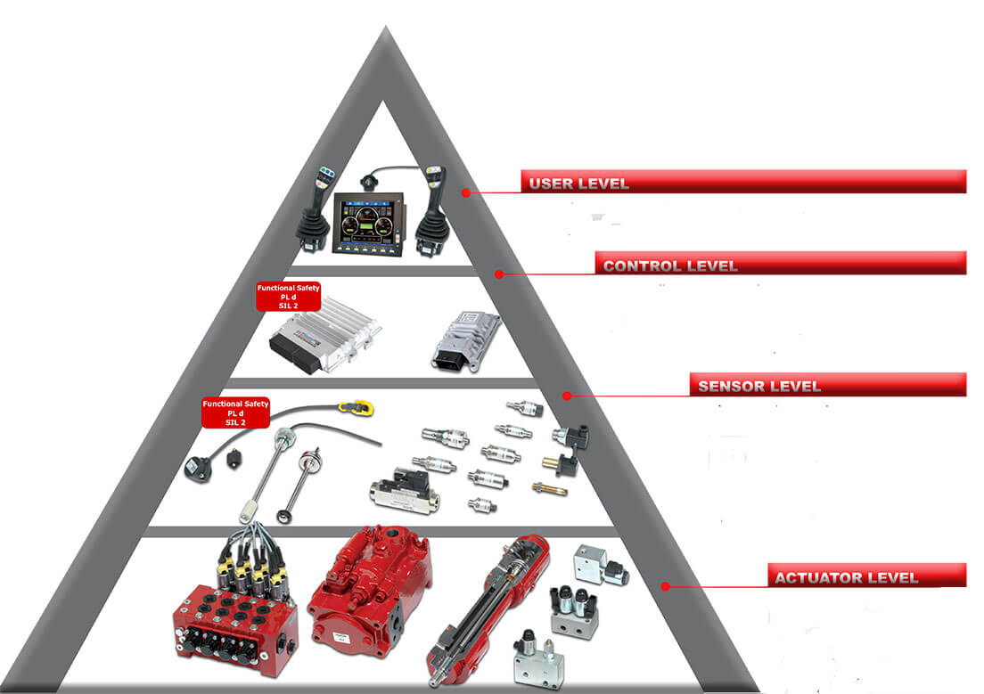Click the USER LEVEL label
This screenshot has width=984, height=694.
[x=578, y=184]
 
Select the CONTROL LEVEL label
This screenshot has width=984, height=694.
[x=669, y=265]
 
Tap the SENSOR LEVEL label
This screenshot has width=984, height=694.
[x=758, y=386]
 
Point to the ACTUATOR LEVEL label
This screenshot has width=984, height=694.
[x=846, y=577]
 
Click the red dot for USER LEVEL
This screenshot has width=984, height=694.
[x=465, y=192]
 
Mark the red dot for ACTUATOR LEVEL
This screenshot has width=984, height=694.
[x=665, y=586]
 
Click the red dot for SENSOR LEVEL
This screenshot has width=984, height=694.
[x=567, y=396]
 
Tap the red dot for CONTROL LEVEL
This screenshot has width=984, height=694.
[x=499, y=274]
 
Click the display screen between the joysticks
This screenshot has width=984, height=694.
[x=368, y=223]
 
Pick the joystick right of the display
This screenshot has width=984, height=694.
[x=430, y=211]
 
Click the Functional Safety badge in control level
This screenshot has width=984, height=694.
[x=288, y=296]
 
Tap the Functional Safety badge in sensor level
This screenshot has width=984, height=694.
[x=235, y=412]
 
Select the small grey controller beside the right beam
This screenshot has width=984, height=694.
[x=465, y=341]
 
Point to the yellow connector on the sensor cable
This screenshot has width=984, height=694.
[x=356, y=408]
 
